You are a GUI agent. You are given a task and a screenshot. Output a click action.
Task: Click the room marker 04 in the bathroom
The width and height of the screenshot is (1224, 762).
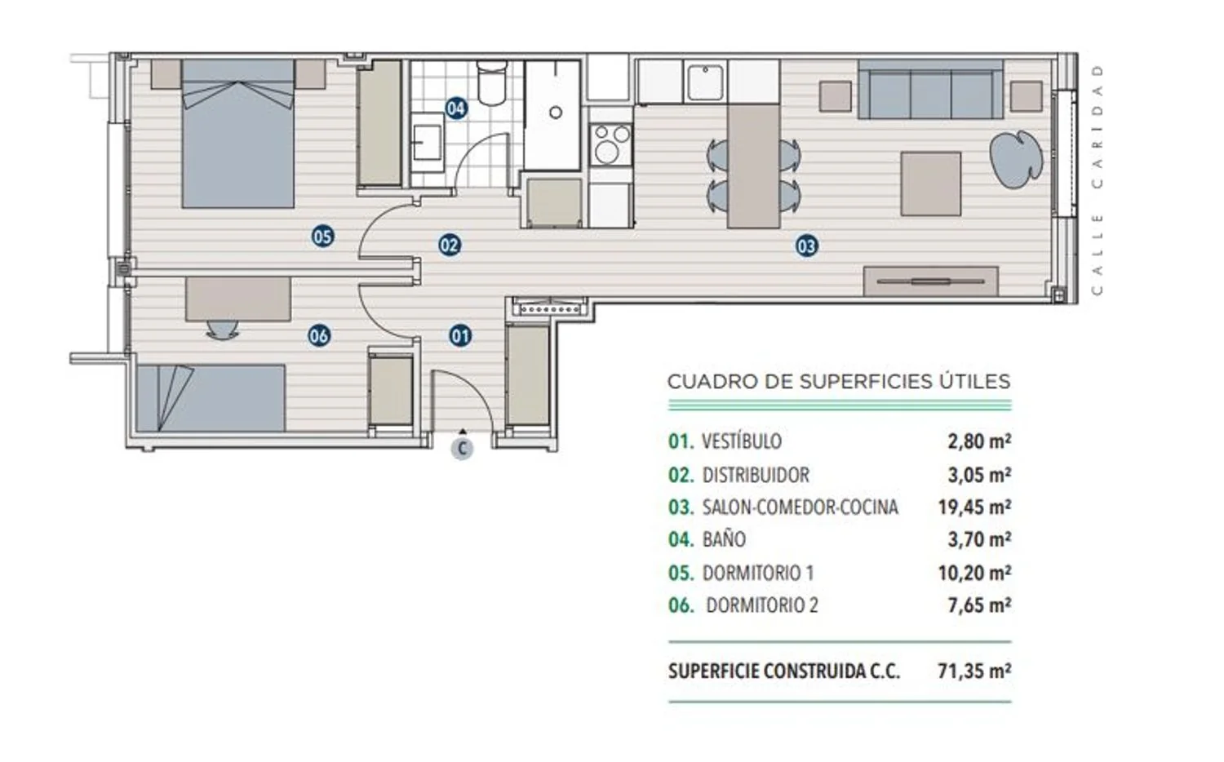456,109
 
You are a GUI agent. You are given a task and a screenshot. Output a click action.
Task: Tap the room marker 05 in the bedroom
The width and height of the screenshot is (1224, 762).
322,237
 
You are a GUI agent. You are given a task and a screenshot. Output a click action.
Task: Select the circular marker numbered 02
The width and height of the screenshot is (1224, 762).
450,246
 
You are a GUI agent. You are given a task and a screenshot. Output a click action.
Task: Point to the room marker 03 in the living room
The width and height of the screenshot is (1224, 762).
806,246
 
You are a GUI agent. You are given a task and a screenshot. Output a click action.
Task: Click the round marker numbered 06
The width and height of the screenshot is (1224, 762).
319,335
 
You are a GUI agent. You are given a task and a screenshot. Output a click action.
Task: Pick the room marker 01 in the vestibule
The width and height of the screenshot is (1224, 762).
460,336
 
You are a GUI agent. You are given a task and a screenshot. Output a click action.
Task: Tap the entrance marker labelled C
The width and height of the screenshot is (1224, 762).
463,449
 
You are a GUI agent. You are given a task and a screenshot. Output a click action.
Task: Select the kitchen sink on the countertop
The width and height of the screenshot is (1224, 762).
706,82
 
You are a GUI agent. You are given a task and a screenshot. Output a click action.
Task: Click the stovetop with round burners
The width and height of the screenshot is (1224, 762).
611,144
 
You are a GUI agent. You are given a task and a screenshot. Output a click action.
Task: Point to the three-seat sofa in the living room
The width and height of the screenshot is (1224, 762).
930,90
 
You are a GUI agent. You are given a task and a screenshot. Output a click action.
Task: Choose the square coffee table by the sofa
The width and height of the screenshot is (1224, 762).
930,184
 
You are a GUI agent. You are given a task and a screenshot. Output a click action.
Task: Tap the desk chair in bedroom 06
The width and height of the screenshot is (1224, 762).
223,329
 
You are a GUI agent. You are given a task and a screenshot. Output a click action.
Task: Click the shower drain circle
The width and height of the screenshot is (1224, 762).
556,113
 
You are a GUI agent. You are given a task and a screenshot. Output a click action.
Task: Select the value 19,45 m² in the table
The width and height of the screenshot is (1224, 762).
975,507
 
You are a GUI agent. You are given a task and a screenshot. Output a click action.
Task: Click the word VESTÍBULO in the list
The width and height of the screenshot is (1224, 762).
742,441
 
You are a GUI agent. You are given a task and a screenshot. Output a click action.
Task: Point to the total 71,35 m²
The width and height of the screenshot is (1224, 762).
975,671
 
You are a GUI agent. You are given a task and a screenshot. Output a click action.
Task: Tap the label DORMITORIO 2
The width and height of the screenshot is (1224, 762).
762,605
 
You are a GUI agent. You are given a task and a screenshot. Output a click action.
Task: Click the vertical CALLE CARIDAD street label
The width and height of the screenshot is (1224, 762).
1098,180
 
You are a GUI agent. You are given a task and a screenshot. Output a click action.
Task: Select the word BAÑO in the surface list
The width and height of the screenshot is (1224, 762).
724,539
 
